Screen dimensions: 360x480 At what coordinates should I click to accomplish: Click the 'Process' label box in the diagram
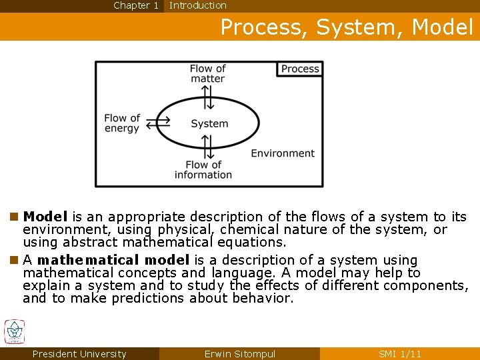[300, 69]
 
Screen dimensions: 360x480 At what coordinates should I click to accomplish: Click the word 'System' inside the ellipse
[209, 123]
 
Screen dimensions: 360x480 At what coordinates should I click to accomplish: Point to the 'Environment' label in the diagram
[283, 153]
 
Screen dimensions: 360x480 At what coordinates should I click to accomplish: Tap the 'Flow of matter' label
[207, 73]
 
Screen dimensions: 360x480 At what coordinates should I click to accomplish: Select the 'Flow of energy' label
[122, 123]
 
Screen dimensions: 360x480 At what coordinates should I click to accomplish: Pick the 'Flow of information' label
[203, 169]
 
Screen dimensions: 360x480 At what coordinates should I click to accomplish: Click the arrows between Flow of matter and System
[209, 97]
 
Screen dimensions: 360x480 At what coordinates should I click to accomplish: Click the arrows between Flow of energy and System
[158, 123]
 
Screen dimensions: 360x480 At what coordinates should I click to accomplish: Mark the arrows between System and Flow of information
[207, 147]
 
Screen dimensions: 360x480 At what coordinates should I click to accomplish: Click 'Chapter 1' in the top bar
[136, 5]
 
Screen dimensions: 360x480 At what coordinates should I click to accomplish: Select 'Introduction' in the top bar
[198, 5]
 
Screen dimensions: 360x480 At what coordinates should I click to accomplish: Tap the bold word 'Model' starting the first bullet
[45, 217]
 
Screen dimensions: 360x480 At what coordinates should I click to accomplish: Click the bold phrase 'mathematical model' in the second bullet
[113, 260]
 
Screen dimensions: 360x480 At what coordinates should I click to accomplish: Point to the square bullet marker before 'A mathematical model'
[14, 260]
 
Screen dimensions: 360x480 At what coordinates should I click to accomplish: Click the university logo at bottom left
[14, 332]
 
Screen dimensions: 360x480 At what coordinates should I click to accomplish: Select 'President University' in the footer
[79, 354]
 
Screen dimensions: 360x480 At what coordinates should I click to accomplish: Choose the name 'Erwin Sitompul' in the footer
[240, 354]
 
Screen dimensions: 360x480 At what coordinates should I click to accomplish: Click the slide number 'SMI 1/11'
[399, 354]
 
